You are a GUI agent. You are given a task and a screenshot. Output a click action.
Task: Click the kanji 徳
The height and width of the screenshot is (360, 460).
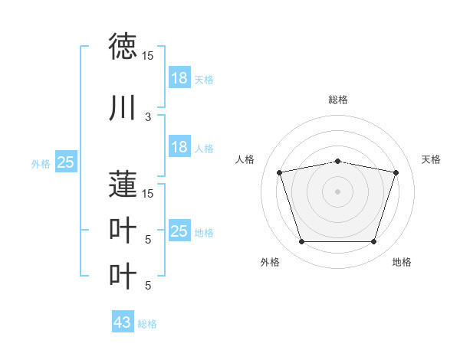(123, 47)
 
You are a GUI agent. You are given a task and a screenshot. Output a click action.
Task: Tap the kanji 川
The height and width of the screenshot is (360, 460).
(123, 108)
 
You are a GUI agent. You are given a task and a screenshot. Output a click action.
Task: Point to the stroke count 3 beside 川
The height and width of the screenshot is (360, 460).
(148, 117)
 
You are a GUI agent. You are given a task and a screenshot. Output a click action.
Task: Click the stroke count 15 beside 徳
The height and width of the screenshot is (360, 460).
(148, 56)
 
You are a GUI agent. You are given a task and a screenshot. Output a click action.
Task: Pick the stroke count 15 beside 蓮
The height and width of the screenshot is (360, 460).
(148, 193)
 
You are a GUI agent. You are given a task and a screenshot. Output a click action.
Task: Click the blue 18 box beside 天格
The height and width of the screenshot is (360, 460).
(179, 78)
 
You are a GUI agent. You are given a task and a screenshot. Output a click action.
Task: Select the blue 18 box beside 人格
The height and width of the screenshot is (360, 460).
(179, 147)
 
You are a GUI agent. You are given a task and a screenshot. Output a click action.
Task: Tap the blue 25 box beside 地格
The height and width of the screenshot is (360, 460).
(179, 231)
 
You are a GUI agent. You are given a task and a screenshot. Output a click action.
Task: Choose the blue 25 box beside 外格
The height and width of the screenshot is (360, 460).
(65, 162)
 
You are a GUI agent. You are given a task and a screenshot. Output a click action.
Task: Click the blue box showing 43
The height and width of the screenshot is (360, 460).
(122, 322)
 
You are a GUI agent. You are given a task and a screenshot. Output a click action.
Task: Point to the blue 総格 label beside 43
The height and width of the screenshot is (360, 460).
(147, 324)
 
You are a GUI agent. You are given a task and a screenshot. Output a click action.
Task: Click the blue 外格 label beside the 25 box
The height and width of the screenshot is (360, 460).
(41, 163)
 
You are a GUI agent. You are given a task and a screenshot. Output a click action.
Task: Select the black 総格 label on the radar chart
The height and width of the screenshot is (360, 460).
(337, 100)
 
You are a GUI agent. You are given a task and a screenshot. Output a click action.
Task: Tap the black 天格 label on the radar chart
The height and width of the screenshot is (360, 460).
(432, 159)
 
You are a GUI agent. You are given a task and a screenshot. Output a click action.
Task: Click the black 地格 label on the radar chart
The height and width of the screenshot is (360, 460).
(402, 262)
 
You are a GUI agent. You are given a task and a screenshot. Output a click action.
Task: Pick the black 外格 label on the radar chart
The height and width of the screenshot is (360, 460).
(270, 262)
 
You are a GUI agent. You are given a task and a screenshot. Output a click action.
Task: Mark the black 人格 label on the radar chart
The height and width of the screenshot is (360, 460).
(245, 159)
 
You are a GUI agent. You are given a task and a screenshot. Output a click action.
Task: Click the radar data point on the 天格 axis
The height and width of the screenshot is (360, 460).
(396, 172)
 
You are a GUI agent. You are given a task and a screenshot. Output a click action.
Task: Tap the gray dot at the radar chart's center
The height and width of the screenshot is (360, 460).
(337, 191)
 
